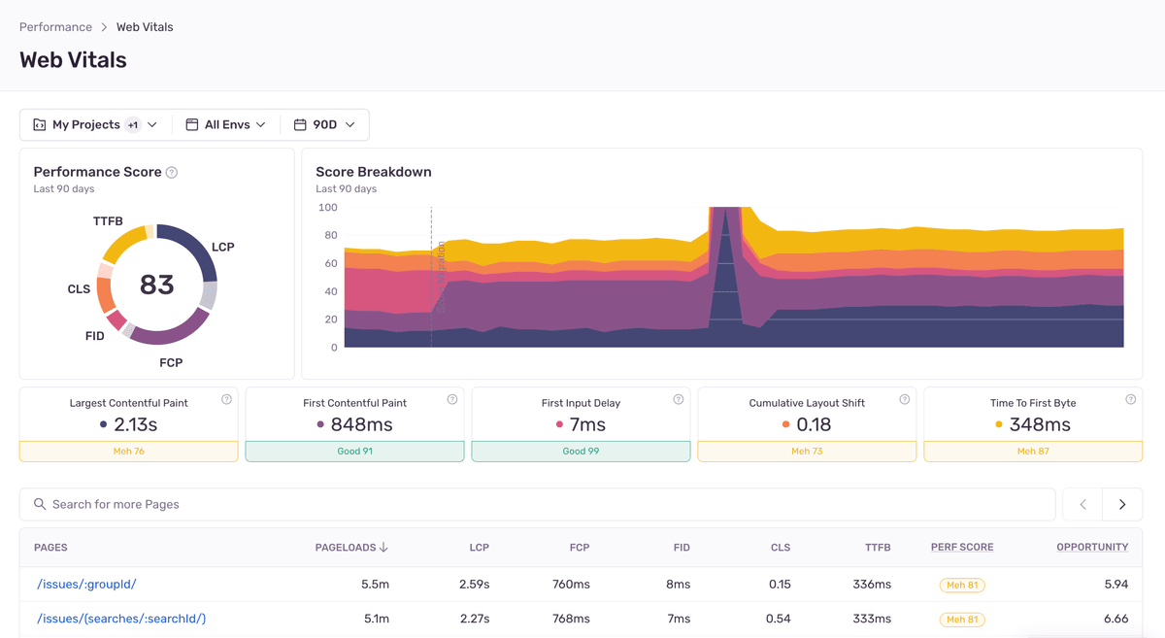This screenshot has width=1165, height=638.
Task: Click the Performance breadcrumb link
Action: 55,27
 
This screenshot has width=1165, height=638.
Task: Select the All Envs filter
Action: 226,124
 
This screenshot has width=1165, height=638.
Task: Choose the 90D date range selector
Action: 324,124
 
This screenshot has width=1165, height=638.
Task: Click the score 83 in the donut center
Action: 156,285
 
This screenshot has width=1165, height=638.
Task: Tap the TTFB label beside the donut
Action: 108,221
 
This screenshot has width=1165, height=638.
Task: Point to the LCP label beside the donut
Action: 223,247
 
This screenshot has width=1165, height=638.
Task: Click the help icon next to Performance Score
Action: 172,173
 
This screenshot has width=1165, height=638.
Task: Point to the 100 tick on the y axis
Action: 327,208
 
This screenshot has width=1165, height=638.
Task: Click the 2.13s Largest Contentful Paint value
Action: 135,424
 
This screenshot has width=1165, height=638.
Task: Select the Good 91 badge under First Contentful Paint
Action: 354,452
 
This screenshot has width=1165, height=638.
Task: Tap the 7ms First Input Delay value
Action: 586,424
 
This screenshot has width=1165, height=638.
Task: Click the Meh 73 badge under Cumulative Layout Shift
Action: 807,452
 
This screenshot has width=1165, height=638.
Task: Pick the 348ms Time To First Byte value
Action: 1039,424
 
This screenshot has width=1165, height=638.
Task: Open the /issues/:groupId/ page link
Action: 86,585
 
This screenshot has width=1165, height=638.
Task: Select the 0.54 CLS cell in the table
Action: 780,619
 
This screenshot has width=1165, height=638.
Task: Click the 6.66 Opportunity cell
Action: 1115,619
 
